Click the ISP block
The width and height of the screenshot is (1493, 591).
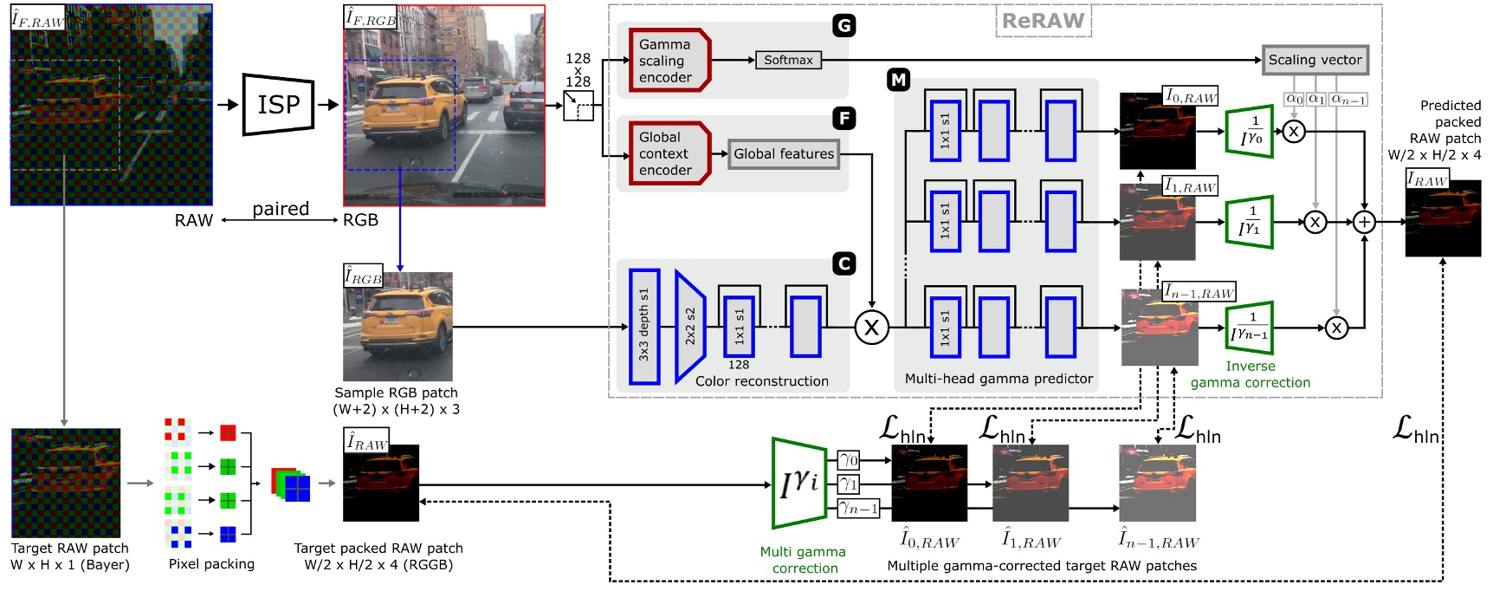[278, 105]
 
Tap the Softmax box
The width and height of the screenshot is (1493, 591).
[787, 60]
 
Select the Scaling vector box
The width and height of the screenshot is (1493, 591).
[1315, 60]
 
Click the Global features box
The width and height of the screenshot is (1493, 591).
[784, 154]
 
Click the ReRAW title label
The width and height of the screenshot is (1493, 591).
[1043, 21]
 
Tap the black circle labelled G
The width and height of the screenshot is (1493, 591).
[843, 26]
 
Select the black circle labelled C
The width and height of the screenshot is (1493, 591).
[844, 263]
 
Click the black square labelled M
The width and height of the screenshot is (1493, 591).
[898, 81]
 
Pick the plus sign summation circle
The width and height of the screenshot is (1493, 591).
[1365, 222]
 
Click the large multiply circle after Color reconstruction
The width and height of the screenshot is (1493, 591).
[871, 328]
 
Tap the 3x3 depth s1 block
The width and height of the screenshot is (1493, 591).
[644, 327]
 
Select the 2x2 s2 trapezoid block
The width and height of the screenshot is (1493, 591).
[690, 327]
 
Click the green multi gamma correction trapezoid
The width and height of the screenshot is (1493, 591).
[798, 483]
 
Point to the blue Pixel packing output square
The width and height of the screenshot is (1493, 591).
[228, 534]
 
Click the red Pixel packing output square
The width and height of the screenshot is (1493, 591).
[228, 432]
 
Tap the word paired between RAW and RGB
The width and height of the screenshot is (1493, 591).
[281, 209]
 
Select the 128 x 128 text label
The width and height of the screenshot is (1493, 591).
[578, 70]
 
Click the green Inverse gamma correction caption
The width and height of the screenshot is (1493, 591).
[1250, 374]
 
